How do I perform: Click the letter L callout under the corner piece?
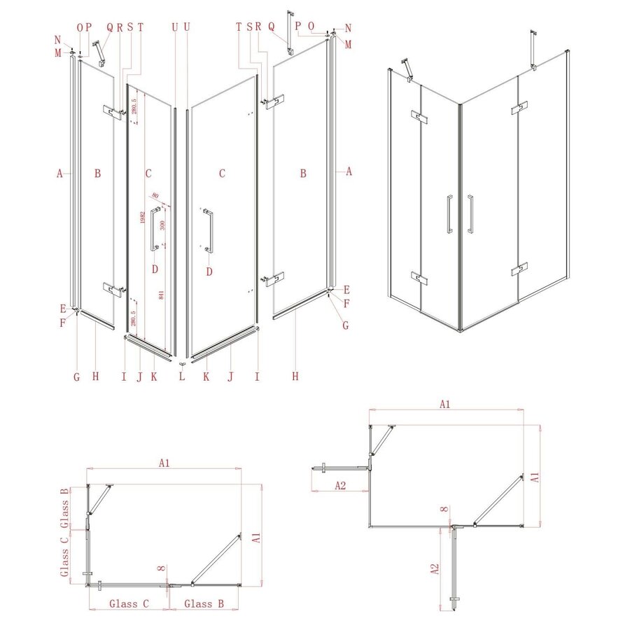(x=182, y=377)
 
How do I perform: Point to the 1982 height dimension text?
(x=142, y=218)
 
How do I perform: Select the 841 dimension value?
(x=162, y=295)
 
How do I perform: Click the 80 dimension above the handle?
(x=155, y=196)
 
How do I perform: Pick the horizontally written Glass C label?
(x=128, y=603)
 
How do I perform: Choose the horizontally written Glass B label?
(x=204, y=603)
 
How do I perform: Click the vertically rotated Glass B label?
(x=64, y=505)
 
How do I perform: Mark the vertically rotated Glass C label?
(x=64, y=555)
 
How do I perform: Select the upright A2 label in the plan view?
(x=339, y=485)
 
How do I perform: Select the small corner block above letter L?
(x=182, y=363)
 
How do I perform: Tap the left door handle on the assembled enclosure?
(x=449, y=213)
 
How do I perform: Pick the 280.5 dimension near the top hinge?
(x=134, y=106)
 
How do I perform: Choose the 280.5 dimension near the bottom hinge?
(x=132, y=318)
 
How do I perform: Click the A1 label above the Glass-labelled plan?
(x=164, y=463)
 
